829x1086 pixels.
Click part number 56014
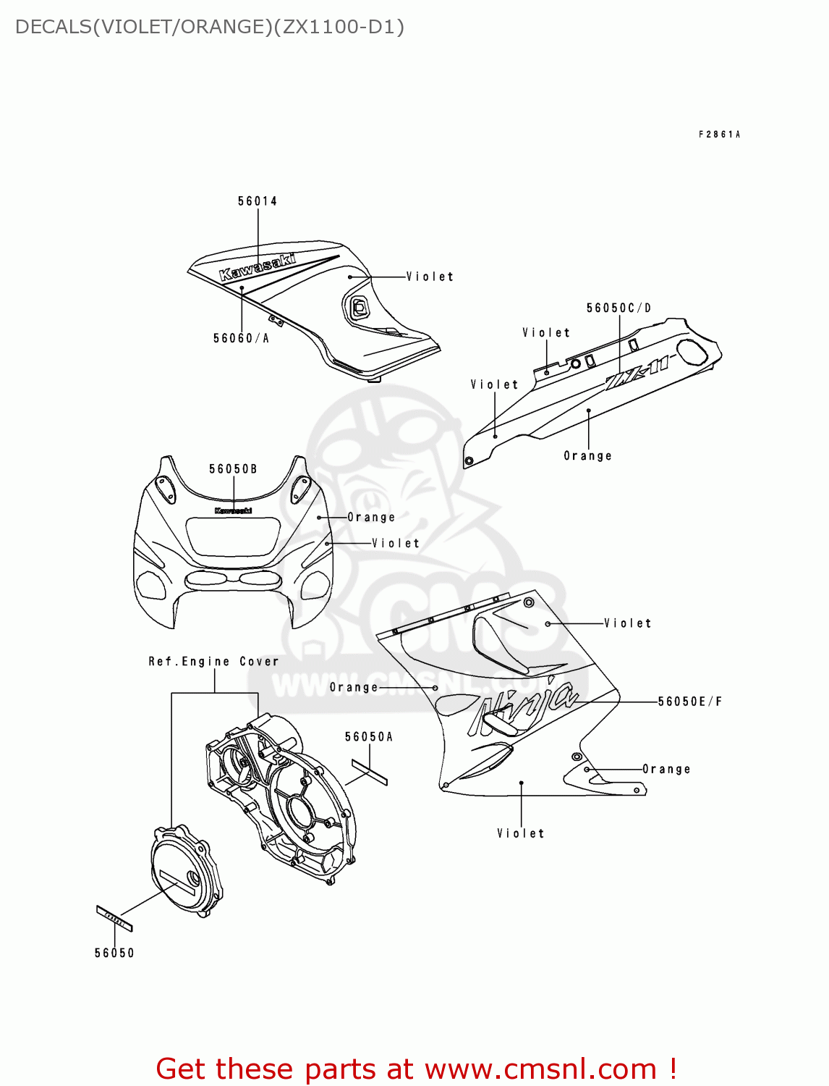pos(258,201)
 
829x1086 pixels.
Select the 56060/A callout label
pos(241,338)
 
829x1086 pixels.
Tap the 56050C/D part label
pos(618,308)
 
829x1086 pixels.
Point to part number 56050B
pos(233,469)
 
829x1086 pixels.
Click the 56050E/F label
pos(689,702)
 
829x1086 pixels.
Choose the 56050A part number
pos(369,737)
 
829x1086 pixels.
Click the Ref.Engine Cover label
pos(213,662)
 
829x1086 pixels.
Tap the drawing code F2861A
pos(719,135)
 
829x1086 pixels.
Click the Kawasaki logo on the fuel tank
pos(258,266)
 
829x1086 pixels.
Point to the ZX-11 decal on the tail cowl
pos(637,372)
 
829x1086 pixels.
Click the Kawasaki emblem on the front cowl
pos(233,510)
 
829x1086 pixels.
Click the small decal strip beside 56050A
pos(370,772)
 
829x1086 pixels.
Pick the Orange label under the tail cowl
pos(587,456)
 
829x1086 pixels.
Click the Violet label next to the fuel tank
pos(430,277)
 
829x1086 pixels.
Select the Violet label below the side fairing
pos(520,834)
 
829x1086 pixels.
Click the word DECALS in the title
pos(54,27)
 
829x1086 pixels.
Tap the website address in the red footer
pos(541,1069)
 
